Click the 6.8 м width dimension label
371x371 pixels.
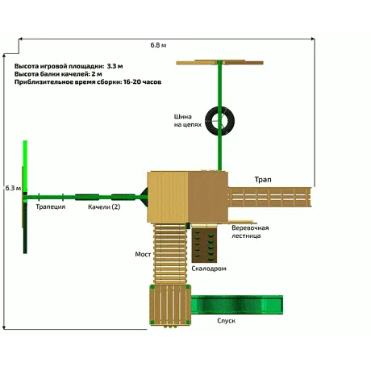tap(158, 45)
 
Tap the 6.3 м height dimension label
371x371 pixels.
tap(13, 188)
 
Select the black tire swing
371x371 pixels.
tap(219, 121)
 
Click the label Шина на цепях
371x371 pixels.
tap(187, 121)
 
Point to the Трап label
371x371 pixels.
tap(263, 180)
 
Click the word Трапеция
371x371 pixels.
tap(51, 206)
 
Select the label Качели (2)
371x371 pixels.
tap(104, 206)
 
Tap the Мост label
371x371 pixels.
tap(143, 254)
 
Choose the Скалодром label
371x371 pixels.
tap(209, 269)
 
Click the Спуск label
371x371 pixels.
tap(226, 321)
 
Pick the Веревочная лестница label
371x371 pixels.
tap(250, 231)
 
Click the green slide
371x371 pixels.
tap(237, 305)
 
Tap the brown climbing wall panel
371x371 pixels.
tap(204, 244)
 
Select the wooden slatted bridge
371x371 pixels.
tap(170, 254)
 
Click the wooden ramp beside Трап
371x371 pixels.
tap(269, 198)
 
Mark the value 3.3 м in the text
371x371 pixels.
tap(115, 66)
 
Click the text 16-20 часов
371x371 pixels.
tap(142, 82)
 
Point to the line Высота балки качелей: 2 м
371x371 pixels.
tap(58, 74)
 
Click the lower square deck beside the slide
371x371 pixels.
tap(170, 305)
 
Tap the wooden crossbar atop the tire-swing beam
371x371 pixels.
tap(219, 63)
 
